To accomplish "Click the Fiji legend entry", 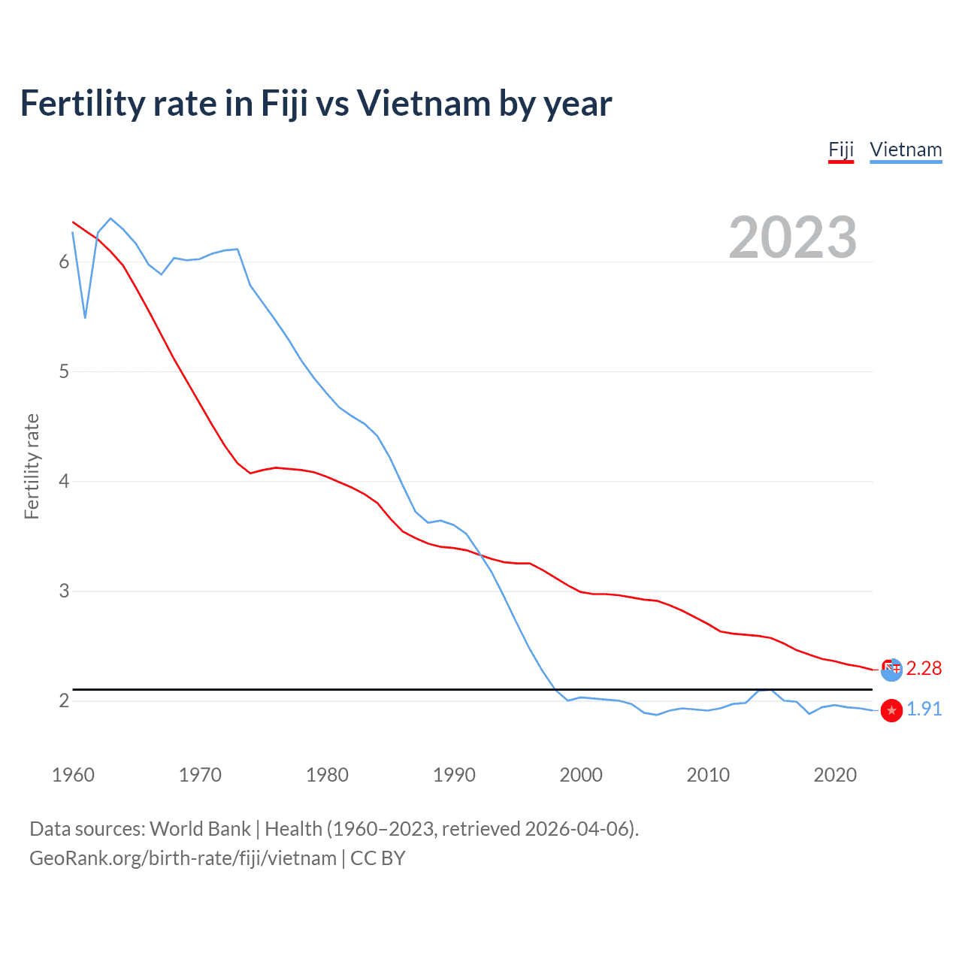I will pos(841,150).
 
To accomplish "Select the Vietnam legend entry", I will pos(906,150).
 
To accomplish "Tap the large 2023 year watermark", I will pos(793,237).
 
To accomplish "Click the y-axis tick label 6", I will pos(64,262).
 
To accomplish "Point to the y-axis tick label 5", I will pos(64,371).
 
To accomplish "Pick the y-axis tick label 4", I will pos(64,481).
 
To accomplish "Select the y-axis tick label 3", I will pos(64,591).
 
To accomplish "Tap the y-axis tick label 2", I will pos(64,700).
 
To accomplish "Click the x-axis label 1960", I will pos(73,775).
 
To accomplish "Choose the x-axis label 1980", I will pos(327,775).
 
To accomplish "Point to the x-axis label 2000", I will pos(581,775).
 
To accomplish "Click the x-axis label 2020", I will pos(835,775).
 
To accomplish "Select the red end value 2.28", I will pos(924,668).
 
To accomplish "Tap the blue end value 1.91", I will pos(924,709).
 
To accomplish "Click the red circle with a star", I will pos(891,710).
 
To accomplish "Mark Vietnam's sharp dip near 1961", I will pos(86,317).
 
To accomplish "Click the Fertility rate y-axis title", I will pos(32,466).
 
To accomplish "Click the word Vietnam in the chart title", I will pos(422,104).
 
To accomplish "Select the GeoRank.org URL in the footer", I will pos(183,858).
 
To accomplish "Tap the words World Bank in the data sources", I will pos(200,829).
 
